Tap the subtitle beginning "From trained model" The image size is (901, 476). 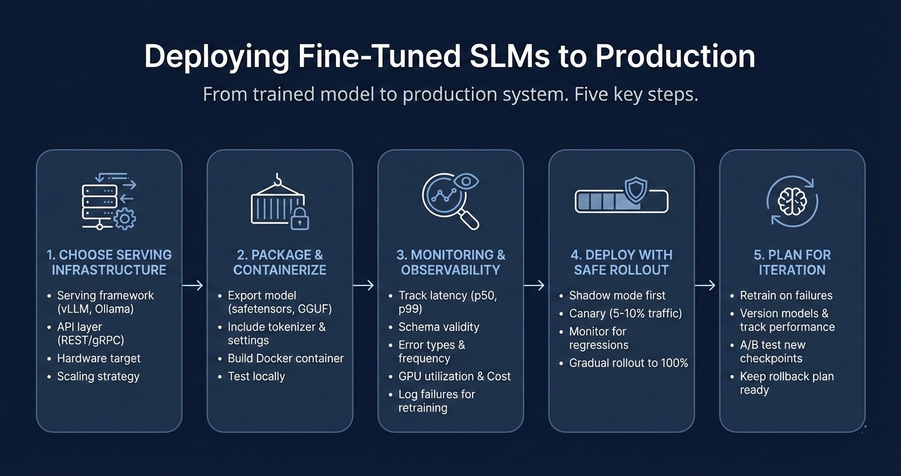coord(450,95)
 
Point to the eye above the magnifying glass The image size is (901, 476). coord(466,182)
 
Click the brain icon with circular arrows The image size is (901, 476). coord(792,202)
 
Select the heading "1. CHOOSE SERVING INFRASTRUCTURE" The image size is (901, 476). coord(109,262)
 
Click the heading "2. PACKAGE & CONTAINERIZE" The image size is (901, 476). coord(280,262)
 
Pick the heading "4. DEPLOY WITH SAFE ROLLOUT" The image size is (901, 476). coord(621,262)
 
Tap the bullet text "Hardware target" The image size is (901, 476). coord(99,358)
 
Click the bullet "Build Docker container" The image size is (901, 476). coord(285,358)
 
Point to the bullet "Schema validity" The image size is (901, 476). coord(438,327)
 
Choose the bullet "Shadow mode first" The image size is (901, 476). coord(617,295)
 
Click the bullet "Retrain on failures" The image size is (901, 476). coord(786,295)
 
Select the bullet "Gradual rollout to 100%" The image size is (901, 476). coord(628,363)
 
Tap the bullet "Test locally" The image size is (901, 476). coord(256,376)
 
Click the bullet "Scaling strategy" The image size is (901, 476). coord(98,376)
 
